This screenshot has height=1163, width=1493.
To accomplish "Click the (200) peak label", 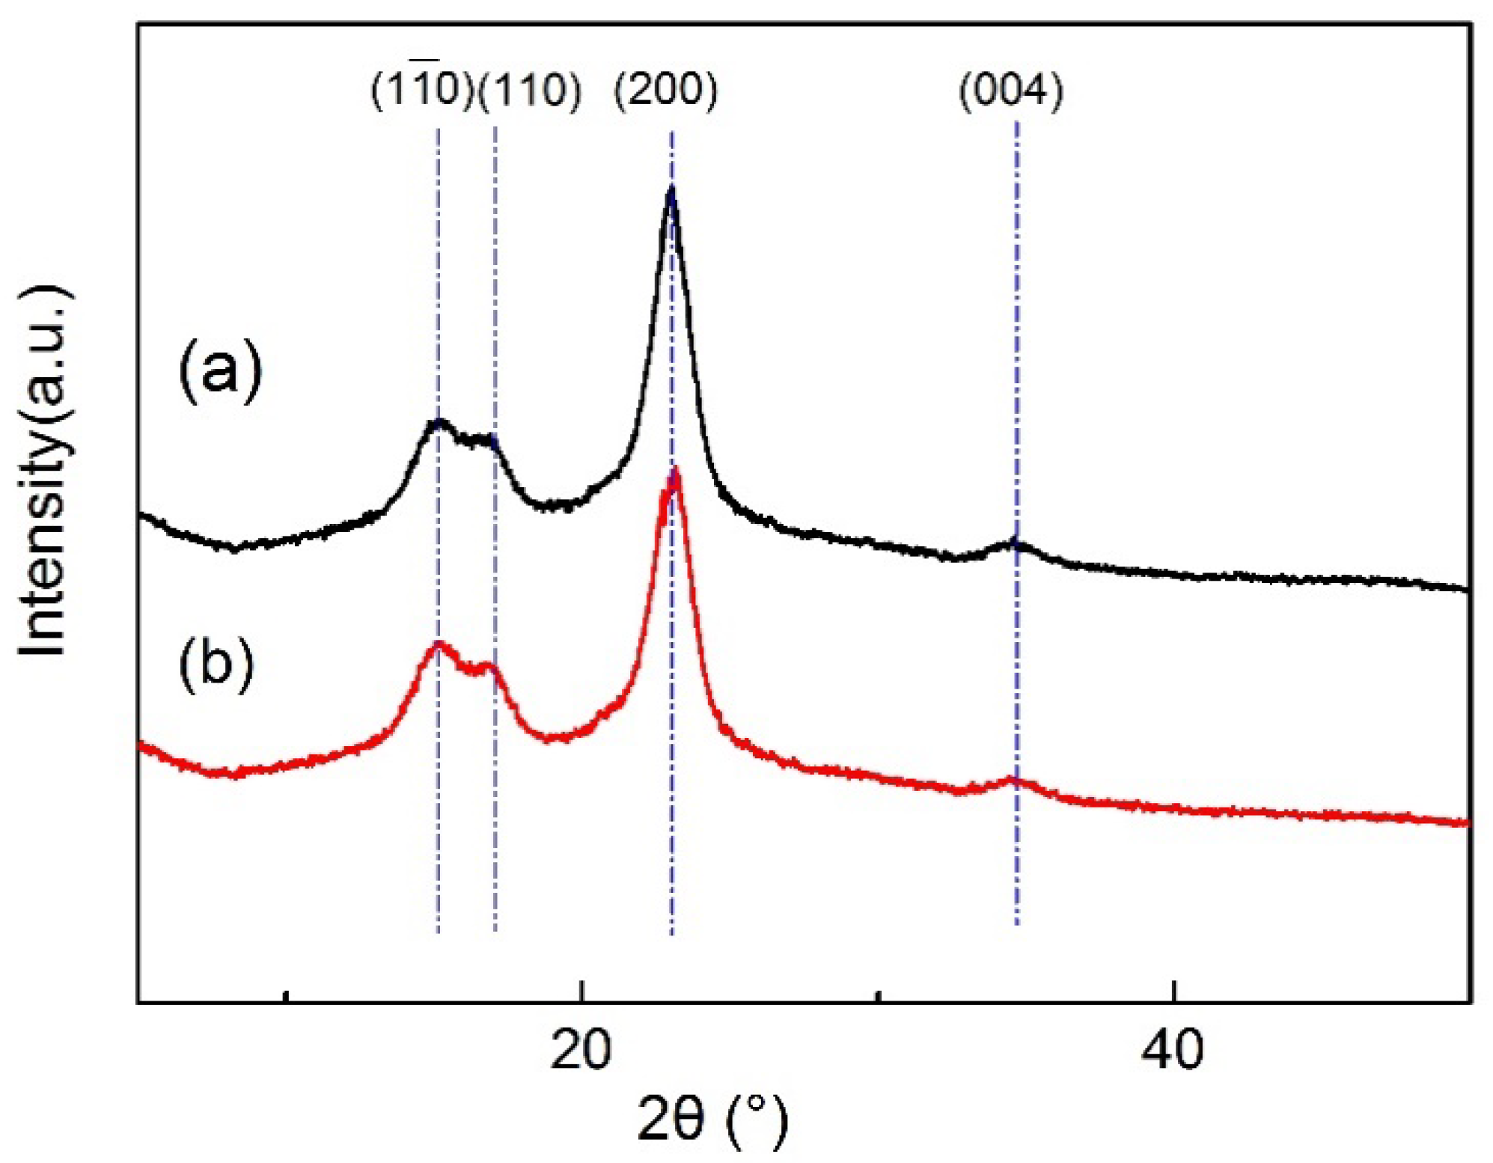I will tap(665, 91).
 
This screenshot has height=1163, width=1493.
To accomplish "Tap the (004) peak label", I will tap(1011, 92).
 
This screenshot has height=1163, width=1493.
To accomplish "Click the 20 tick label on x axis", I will tap(580, 1050).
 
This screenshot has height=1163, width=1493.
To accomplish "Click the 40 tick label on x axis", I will tap(1173, 1050).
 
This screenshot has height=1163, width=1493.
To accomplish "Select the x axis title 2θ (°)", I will tap(713, 1120).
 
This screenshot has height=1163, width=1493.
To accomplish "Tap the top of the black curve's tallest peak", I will tap(671, 190).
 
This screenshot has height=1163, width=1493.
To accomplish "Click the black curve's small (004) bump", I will tap(1014, 543).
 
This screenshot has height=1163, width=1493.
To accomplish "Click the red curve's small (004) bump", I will tap(1012, 781).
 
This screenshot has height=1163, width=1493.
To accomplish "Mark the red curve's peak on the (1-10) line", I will tap(439, 644).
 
